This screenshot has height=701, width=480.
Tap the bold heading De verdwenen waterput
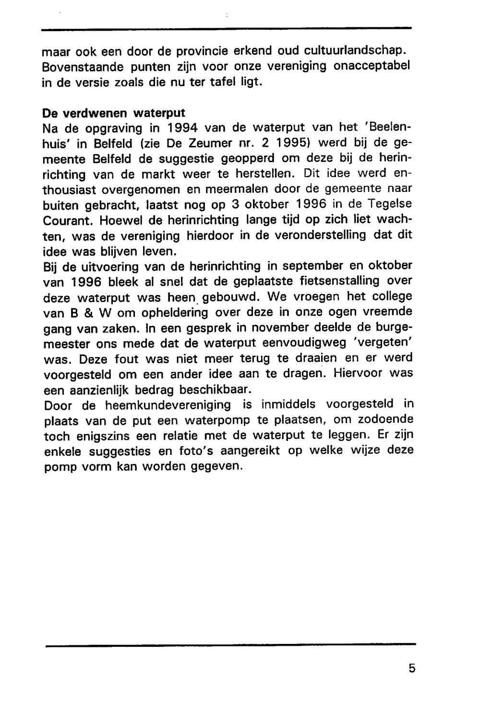coord(114,113)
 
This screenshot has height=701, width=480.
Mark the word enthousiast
coord(72,189)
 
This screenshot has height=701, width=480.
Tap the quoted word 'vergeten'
coord(382,343)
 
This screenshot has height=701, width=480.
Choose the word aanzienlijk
coord(89,389)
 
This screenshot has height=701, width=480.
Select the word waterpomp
coord(215,420)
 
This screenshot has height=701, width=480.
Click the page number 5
coord(412,668)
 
